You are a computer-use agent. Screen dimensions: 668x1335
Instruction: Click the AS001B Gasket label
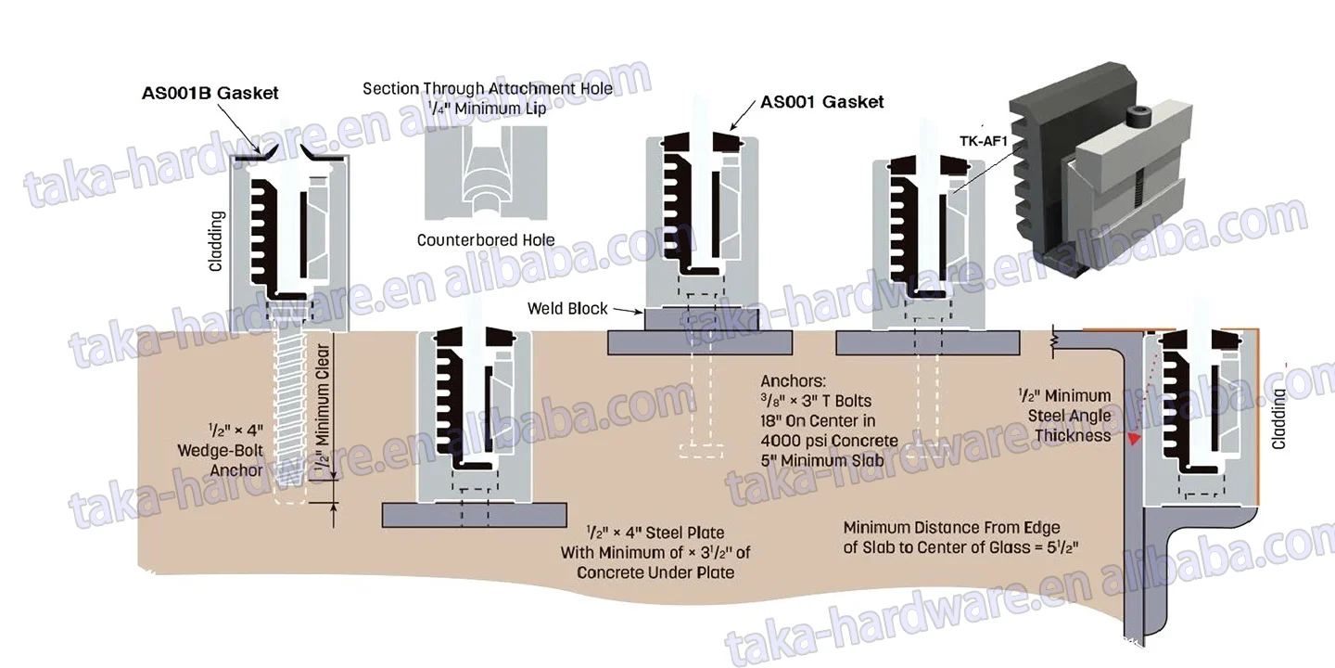[x=210, y=93]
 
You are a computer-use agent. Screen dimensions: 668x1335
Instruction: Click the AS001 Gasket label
[x=821, y=102]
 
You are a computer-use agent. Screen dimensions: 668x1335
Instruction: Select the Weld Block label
[x=567, y=308]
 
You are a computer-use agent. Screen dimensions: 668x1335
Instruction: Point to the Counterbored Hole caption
[x=486, y=240]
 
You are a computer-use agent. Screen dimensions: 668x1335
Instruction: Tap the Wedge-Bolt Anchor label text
[x=222, y=450]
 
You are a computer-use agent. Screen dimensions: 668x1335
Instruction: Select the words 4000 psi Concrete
[x=829, y=441]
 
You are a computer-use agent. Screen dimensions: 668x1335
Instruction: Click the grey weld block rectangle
[x=701, y=319]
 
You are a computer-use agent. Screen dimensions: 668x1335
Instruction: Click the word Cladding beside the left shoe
[x=216, y=241]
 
